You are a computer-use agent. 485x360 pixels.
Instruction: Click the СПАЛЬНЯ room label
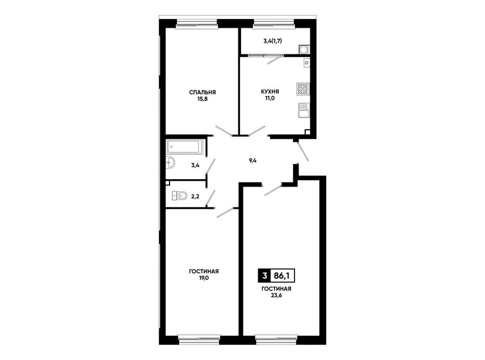click(202, 92)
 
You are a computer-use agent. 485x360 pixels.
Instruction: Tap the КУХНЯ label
click(270, 91)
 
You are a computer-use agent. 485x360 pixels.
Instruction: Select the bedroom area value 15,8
click(202, 99)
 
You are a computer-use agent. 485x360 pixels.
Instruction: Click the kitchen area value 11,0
click(270, 99)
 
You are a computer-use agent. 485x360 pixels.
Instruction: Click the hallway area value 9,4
click(253, 160)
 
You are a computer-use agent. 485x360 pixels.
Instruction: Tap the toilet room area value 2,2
click(195, 196)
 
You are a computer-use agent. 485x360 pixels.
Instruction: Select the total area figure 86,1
click(282, 276)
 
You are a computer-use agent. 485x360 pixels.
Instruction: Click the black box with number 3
click(264, 276)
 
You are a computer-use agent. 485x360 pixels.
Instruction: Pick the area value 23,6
click(276, 295)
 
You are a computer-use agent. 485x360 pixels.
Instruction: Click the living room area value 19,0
click(204, 278)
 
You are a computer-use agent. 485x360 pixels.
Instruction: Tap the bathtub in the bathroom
click(185, 147)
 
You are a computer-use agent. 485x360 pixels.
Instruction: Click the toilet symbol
click(180, 196)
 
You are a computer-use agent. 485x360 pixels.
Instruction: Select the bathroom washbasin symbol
click(170, 163)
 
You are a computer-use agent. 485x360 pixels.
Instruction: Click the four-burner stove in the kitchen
click(302, 88)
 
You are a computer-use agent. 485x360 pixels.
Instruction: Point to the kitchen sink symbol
click(303, 110)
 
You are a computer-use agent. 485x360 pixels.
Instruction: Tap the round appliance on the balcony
click(304, 50)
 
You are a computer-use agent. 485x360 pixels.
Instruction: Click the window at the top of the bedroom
click(197, 25)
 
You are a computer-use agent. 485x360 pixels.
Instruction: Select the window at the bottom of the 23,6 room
click(276, 340)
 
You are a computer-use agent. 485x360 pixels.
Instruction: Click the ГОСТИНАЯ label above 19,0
click(204, 271)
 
